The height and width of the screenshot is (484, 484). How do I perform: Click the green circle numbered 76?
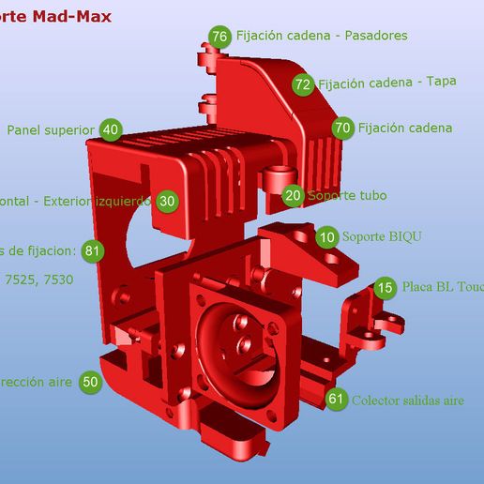coord(220,37)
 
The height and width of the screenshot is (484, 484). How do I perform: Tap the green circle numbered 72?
coord(302,84)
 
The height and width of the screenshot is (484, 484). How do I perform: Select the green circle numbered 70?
coord(342,128)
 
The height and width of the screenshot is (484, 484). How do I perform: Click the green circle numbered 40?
coord(111,130)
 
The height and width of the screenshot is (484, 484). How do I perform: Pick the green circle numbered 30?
coord(167,201)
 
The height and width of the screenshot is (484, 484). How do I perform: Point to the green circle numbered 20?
coord(294,196)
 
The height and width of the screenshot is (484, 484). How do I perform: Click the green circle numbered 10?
coord(327,236)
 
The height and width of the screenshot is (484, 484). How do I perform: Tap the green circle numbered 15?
coord(385,288)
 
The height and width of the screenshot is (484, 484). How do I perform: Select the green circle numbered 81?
coord(92,250)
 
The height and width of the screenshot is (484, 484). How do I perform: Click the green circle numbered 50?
coord(90,382)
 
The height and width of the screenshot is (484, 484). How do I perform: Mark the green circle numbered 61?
coord(337,399)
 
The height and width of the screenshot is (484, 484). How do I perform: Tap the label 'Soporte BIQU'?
coord(381,236)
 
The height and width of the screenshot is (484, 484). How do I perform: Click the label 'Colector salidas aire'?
coord(407,400)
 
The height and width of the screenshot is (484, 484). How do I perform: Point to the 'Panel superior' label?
coord(51,130)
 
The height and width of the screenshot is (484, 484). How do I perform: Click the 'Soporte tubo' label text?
coord(346,196)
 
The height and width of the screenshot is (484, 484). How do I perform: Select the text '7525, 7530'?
coord(38,279)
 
